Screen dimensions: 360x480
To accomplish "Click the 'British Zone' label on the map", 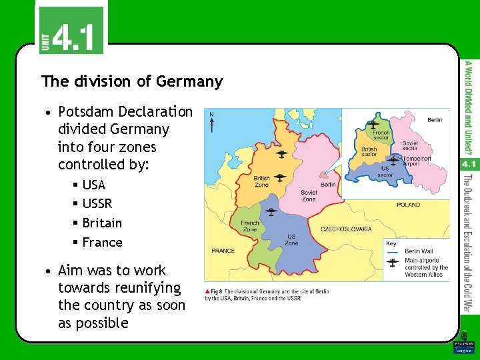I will coord(261,181).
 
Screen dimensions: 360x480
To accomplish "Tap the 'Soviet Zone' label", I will coord(309,195).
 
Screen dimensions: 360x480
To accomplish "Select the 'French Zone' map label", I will coord(249,226).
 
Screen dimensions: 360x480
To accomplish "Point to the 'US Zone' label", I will coord(291,240).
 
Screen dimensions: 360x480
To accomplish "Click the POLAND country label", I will coord(408,205).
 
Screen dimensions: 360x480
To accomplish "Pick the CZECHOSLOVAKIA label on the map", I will coord(346,229).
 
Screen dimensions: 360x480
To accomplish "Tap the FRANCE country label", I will coord(223,251).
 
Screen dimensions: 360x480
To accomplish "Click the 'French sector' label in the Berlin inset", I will coord(381,135).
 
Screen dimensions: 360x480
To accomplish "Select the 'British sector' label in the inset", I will coord(369,151).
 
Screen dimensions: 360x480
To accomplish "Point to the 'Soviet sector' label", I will coord(410,145).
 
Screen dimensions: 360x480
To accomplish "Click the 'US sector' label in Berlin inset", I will coord(385,172).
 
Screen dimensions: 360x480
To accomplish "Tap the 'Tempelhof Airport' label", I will coord(417,161).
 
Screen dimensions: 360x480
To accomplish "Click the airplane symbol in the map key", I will coord(394,265).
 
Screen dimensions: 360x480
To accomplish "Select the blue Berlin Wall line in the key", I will coord(394,252).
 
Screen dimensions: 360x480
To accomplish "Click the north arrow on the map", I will coord(212,123).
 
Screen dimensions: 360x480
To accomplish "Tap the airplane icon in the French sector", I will coord(374,124).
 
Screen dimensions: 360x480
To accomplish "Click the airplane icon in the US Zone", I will coord(271,212).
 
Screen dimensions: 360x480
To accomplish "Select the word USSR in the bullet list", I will coord(97,203).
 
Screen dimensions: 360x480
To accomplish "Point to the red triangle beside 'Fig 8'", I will coord(208,292).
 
